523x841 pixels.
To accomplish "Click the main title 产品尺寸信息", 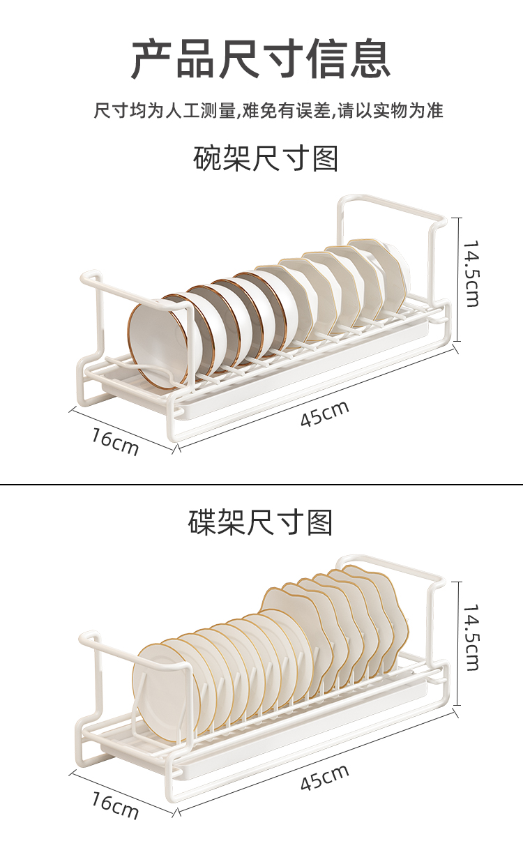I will tap(261, 59).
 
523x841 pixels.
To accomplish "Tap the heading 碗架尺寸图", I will tap(265, 159).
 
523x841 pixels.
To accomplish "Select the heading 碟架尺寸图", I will tap(261, 522).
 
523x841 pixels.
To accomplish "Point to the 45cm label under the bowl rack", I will tap(324, 414).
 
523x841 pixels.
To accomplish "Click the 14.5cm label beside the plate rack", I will tap(472, 637).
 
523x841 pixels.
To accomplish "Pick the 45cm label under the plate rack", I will tap(324, 776).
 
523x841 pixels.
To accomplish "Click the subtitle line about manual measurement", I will tap(268, 110).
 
